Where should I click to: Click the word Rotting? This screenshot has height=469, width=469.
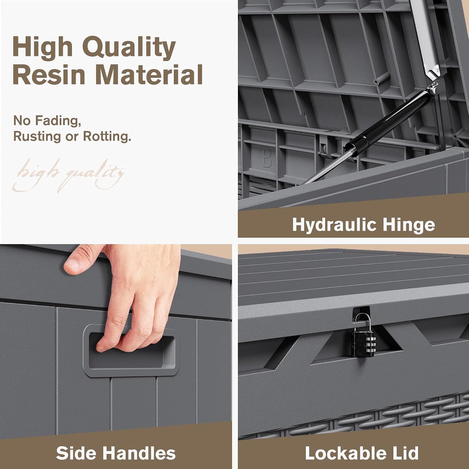tap(107, 136)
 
